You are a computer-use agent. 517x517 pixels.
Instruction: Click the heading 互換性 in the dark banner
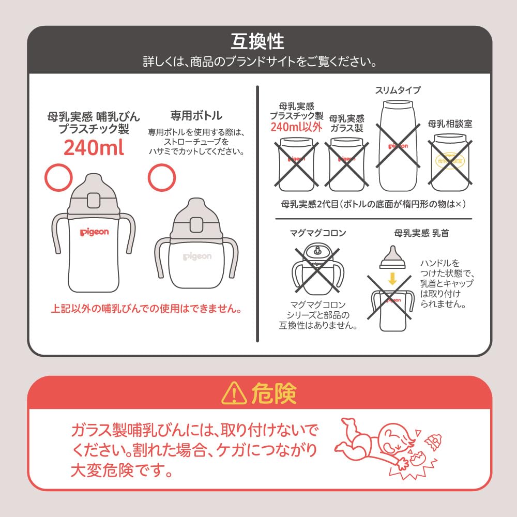(257, 41)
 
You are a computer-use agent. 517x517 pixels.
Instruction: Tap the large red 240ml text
(94, 147)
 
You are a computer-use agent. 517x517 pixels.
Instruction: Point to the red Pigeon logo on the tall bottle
(94, 232)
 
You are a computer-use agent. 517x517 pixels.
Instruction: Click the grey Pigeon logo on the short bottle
(197, 256)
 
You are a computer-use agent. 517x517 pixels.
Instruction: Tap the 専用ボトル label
(196, 115)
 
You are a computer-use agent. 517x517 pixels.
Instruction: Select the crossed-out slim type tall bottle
(398, 146)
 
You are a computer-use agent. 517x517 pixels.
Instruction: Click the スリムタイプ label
(398, 90)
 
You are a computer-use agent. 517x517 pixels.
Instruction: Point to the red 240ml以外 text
(296, 127)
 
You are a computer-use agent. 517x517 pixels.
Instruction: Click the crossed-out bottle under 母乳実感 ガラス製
(347, 164)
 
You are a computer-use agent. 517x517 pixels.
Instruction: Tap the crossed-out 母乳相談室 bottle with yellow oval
(450, 162)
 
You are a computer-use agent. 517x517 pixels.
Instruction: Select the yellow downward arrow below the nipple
(392, 279)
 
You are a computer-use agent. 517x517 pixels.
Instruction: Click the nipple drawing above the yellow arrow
(392, 257)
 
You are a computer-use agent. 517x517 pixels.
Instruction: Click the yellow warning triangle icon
(234, 393)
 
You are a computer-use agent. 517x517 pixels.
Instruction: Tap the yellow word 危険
(274, 393)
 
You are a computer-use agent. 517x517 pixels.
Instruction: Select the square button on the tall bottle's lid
(94, 201)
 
